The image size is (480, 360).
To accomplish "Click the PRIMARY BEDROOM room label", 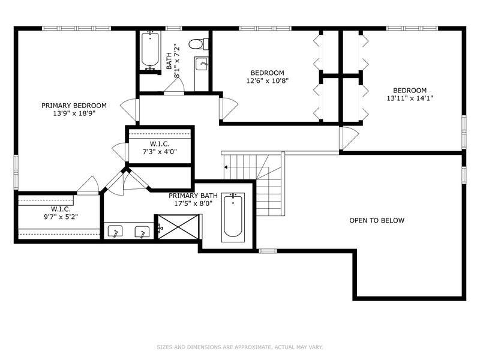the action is pyautogui.click(x=74, y=106).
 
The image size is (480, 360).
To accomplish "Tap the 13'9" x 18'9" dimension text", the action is pyautogui.click(x=74, y=113).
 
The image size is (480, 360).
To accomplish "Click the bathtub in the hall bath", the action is pyautogui.click(x=150, y=51).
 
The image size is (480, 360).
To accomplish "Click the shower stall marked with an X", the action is pyautogui.click(x=178, y=227).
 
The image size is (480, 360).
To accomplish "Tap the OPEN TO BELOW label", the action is pyautogui.click(x=377, y=220).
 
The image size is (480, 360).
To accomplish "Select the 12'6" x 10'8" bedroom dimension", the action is pyautogui.click(x=268, y=81).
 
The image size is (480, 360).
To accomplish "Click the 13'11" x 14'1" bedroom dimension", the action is pyautogui.click(x=410, y=98).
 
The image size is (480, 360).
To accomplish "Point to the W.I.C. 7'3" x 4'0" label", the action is pyautogui.click(x=160, y=148).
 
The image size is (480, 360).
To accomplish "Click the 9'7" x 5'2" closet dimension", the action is pyautogui.click(x=61, y=217).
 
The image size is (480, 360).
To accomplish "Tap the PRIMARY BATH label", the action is pyautogui.click(x=193, y=196).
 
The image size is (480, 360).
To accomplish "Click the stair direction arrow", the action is pyautogui.click(x=226, y=167).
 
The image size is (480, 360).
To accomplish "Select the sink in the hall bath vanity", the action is pyautogui.click(x=202, y=64).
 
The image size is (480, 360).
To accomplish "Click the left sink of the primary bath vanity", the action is pyautogui.click(x=115, y=232).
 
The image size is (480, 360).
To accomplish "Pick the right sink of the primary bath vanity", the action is pyautogui.click(x=142, y=232).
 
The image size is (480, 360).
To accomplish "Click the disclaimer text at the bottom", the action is pyautogui.click(x=240, y=347).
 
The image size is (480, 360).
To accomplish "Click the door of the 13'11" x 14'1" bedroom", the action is pyautogui.click(x=349, y=139).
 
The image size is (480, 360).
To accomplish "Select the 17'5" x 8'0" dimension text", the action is pyautogui.click(x=193, y=203).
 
